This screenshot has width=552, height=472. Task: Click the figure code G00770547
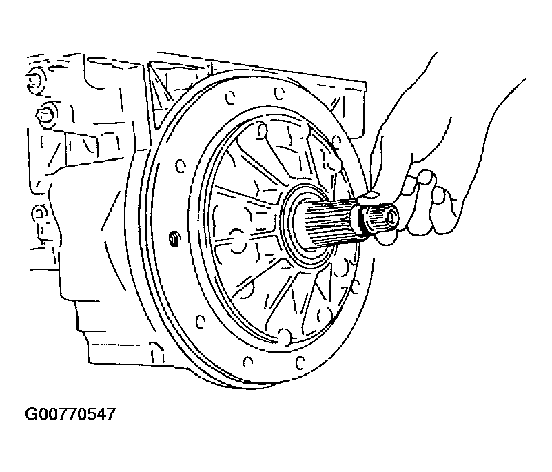click(70, 414)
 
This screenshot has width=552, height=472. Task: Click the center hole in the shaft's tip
click(391, 218)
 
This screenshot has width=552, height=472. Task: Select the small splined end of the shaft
click(380, 219)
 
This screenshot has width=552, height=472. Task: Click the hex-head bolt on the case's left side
click(44, 112)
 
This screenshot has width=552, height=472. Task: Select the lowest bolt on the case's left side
click(39, 214)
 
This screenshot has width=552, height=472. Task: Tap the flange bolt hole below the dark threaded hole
click(200, 320)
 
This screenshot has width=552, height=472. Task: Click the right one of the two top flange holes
click(279, 94)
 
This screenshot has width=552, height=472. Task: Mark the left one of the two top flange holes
click(229, 97)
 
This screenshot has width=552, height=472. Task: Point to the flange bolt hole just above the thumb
click(336, 141)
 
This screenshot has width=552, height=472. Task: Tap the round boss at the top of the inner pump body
click(262, 131)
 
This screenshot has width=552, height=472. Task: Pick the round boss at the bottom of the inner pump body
click(284, 336)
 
